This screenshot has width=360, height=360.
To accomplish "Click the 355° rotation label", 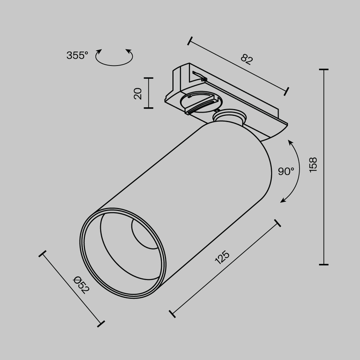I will pos(77,55).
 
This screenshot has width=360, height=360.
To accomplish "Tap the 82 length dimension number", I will pos(247,60).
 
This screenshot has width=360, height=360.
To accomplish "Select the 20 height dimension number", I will pos(138,93).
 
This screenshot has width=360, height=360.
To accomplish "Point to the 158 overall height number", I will pos(313,165).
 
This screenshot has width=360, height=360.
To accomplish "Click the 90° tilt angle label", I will pos(285,171).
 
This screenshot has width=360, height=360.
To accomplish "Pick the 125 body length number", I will pos(222,259).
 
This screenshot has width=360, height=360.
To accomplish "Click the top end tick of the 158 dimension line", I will pos(323,69).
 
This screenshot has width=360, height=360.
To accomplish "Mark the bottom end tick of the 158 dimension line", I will pos(323,264).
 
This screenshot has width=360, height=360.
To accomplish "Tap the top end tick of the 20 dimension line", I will pos(149,78).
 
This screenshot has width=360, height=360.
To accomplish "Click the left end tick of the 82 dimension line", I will pos(189,41).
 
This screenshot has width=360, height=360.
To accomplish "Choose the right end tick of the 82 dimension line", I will pos(287,90).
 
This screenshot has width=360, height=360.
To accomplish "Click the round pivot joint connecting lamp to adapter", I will pos(229,117).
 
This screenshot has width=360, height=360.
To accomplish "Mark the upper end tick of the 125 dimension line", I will pos(278,223).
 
